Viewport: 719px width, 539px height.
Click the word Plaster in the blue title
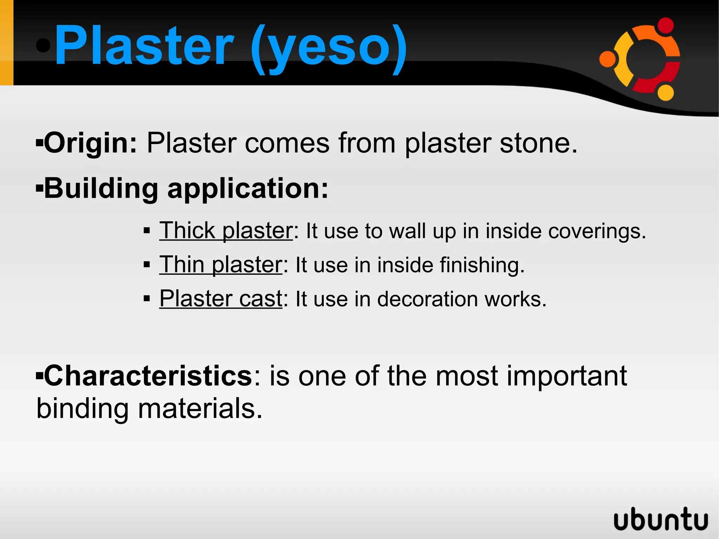click(144, 46)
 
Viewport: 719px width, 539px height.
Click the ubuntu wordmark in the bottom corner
click(661, 519)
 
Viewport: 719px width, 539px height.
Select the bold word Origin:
click(90, 143)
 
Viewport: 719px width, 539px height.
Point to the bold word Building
click(101, 189)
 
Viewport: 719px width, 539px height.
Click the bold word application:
click(248, 189)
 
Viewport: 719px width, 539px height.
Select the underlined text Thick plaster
click(226, 231)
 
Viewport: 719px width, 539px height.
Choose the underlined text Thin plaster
click(221, 265)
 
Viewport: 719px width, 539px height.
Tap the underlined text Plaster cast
click(221, 299)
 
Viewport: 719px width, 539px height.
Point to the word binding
click(83, 409)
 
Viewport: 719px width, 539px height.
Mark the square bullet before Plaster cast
click(147, 299)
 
